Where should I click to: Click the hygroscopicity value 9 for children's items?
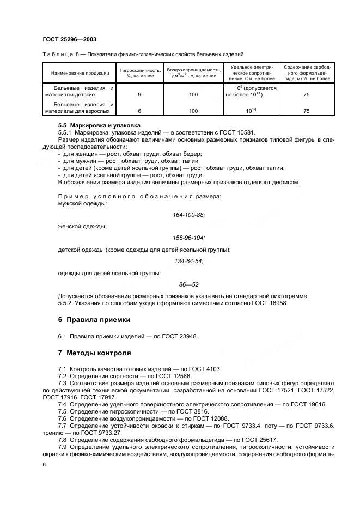[140, 94]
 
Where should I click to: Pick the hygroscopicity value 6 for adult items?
[140, 111]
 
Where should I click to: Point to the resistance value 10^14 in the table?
[251, 111]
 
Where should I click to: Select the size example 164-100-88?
[188, 215]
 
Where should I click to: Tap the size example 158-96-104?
[188, 238]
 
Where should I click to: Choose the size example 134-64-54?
[188, 261]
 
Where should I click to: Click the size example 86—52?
[188, 284]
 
